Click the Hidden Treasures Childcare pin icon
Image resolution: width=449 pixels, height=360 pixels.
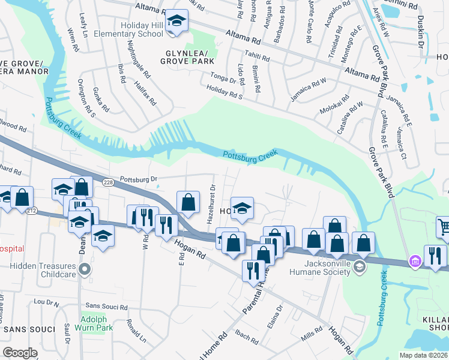tap(85, 268)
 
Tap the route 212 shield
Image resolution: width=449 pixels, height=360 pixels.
tap(32, 210)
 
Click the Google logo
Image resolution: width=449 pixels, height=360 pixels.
tap(20, 352)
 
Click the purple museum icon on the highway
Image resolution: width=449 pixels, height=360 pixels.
tap(415, 261)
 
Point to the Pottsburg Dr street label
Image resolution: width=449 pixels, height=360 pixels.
tap(138, 179)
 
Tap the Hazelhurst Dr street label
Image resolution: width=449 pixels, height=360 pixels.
tap(210, 205)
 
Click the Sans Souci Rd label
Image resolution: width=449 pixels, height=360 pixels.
tap(107, 307)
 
